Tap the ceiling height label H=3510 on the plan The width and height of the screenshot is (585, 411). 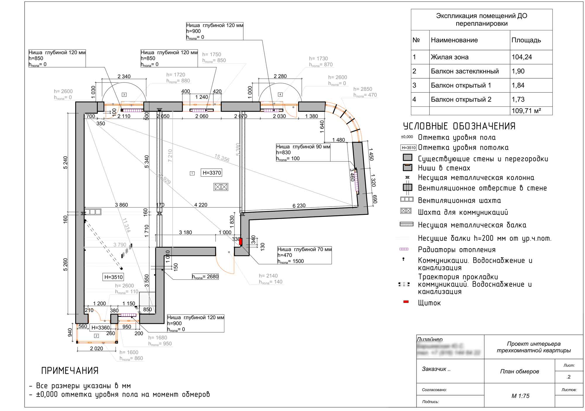pyautogui.click(x=113, y=277)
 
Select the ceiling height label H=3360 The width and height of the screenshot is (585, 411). pyautogui.click(x=101, y=328)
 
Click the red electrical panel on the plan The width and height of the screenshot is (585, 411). pyautogui.click(x=241, y=241)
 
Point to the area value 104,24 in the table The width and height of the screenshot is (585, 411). pyautogui.click(x=522, y=57)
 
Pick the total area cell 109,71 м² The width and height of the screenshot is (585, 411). pyautogui.click(x=526, y=111)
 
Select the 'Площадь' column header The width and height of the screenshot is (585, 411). pyautogui.click(x=526, y=40)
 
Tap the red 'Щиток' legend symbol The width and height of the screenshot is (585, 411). pyautogui.click(x=406, y=302)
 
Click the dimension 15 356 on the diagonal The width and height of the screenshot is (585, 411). pyautogui.click(x=222, y=158)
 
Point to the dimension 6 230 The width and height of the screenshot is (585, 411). pyautogui.click(x=299, y=206)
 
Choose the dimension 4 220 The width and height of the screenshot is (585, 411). pyautogui.click(x=201, y=205)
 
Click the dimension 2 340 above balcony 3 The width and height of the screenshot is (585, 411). pyautogui.click(x=124, y=76)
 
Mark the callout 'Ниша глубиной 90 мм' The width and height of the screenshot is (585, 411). pyautogui.click(x=303, y=147)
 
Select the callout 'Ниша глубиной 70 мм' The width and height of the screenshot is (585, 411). pyautogui.click(x=304, y=249)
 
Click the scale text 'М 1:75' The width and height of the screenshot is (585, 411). pyautogui.click(x=520, y=396)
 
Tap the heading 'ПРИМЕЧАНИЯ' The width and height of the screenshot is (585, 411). pyautogui.click(x=70, y=371)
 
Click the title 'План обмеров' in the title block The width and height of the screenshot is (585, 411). pyautogui.click(x=519, y=371)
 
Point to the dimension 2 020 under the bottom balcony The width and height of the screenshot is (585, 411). pyautogui.click(x=97, y=348)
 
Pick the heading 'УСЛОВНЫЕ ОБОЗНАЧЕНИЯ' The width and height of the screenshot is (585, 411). pyautogui.click(x=459, y=126)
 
